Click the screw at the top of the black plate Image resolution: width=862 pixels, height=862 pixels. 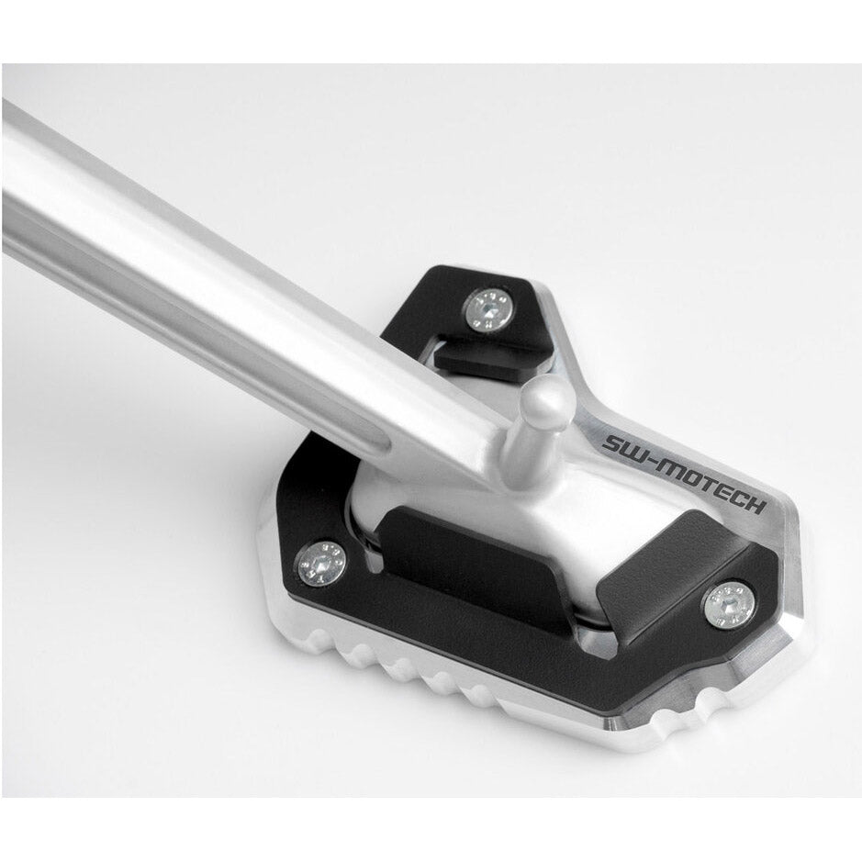(x=490, y=310)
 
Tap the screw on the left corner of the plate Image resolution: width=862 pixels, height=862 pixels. (x=321, y=564)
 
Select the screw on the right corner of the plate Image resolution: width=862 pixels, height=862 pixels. (x=729, y=604)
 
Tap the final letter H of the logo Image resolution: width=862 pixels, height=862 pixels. (x=756, y=507)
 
